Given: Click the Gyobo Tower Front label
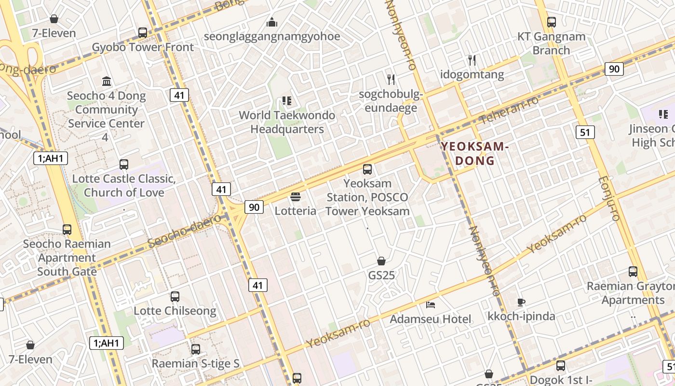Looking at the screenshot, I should coord(143,47).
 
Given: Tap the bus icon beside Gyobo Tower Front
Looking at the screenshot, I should coord(143,33).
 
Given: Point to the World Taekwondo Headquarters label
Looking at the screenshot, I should coord(287,122).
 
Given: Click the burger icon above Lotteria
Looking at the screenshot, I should coord(296,197).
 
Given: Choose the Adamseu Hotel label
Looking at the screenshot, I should coord(430,319).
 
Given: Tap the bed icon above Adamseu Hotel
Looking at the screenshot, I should coord(431,304).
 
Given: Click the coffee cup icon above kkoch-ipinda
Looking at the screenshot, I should coord(521,303).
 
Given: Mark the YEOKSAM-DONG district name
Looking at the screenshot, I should coord(475,153).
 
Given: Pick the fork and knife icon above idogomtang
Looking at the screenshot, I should coord(472,60).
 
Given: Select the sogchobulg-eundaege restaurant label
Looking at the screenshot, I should coord(391,101).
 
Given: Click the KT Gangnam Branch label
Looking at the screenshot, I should coord(551,43).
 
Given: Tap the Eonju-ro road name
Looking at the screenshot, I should coord(608,198).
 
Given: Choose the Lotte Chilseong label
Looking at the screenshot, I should coord(175,311).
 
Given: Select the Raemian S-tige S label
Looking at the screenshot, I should coord(195,363).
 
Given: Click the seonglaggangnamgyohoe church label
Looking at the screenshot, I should coord(272,37).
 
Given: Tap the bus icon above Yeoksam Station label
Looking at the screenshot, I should coord(367,169).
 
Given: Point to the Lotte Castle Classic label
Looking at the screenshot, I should coord(123,179).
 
